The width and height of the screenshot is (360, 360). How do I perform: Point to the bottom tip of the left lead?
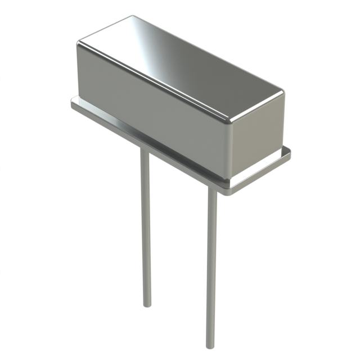pyautogui.click(x=147, y=305)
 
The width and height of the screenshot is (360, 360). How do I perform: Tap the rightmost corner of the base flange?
pyautogui.click(x=290, y=150)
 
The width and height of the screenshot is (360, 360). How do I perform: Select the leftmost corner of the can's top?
pyautogui.click(x=79, y=42)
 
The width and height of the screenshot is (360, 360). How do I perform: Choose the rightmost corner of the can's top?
pyautogui.click(x=282, y=91)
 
